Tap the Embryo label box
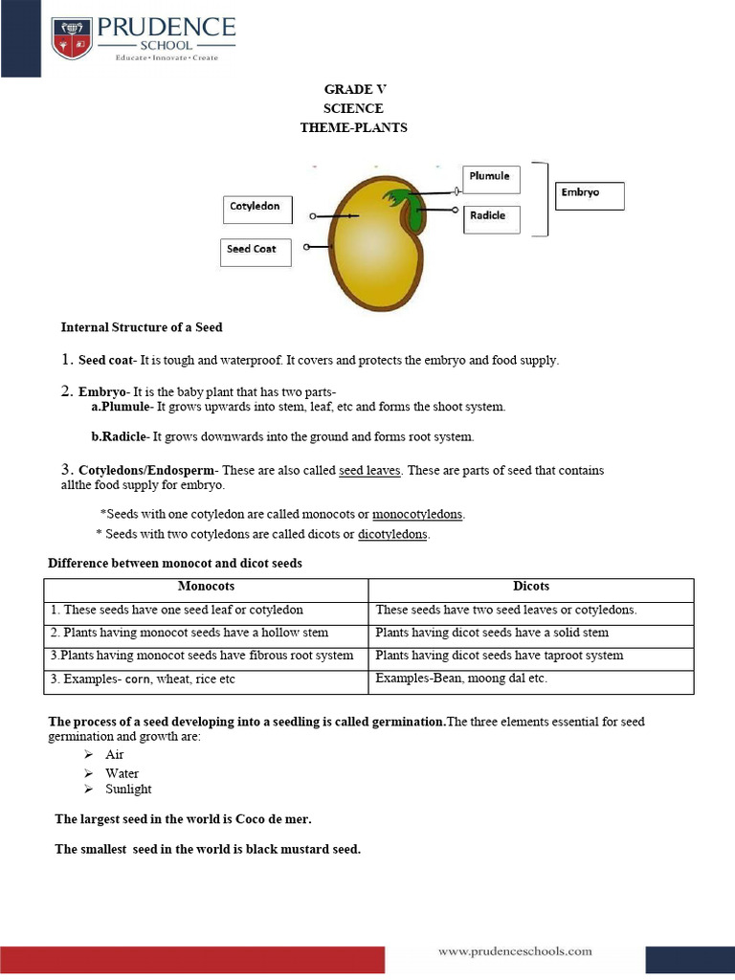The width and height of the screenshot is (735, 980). point(589,195)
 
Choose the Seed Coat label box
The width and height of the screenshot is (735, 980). point(255,252)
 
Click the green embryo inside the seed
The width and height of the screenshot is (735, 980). point(409,210)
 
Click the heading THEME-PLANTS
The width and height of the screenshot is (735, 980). point(353,128)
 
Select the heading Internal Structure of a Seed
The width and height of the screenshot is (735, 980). point(142,327)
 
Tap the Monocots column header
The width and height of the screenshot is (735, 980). point(206,587)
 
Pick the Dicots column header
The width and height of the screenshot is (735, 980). point(531,587)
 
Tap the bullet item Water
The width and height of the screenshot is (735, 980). point(122,773)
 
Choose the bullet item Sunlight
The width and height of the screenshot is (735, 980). point(128,790)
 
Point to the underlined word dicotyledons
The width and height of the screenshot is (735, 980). point(393,534)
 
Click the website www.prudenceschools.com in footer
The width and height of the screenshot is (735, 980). point(515,951)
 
